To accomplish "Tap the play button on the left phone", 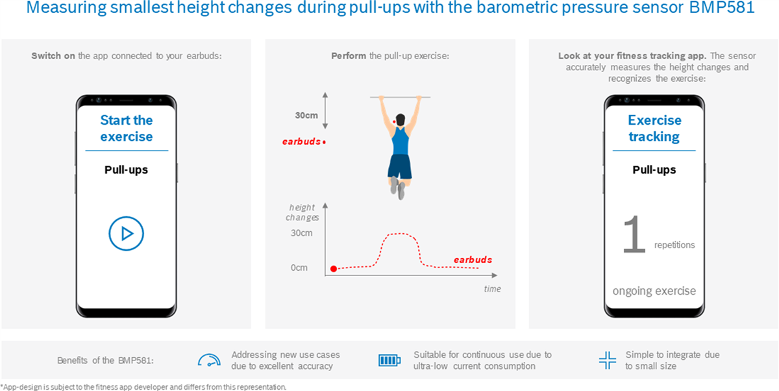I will (126, 233).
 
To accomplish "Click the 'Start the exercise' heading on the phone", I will (127, 129).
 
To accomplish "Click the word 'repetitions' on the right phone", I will (674, 246).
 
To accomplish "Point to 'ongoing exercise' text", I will (654, 291).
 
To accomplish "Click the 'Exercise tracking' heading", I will (654, 129).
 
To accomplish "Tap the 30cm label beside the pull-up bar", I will (306, 115).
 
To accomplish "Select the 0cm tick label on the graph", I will (299, 268).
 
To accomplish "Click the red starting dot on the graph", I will (334, 268).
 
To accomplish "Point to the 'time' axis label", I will (492, 289).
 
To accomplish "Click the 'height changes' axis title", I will (303, 212).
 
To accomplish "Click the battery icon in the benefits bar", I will (389, 360).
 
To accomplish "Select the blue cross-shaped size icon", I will (607, 360).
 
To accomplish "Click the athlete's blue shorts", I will (400, 166).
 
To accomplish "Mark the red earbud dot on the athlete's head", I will (394, 121).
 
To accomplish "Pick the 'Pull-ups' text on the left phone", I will (127, 170).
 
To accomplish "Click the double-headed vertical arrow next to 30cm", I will (325, 111).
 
